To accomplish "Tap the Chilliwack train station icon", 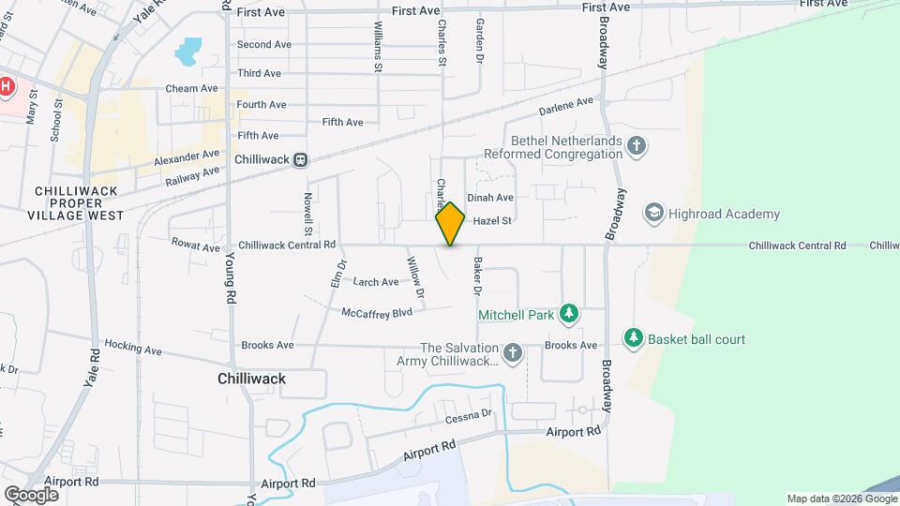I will pyautogui.click(x=300, y=159).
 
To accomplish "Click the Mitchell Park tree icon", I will pyautogui.click(x=567, y=314).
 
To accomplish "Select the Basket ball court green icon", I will pyautogui.click(x=634, y=336).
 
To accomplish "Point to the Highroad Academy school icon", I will pyautogui.click(x=652, y=214).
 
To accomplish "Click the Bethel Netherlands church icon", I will pyautogui.click(x=637, y=145).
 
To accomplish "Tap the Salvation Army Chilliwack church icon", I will pyautogui.click(x=512, y=353).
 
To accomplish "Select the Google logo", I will pyautogui.click(x=30, y=494).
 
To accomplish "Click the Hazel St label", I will pyautogui.click(x=492, y=221).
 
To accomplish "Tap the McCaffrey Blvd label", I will pyautogui.click(x=377, y=313).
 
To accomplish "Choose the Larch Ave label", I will pyautogui.click(x=376, y=281).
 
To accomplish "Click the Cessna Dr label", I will pyautogui.click(x=469, y=414).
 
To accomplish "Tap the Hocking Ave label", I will pyautogui.click(x=133, y=348).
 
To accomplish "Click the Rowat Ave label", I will pyautogui.click(x=195, y=245).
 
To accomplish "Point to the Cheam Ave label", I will pyautogui.click(x=191, y=88).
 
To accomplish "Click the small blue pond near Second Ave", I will pyautogui.click(x=188, y=49).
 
